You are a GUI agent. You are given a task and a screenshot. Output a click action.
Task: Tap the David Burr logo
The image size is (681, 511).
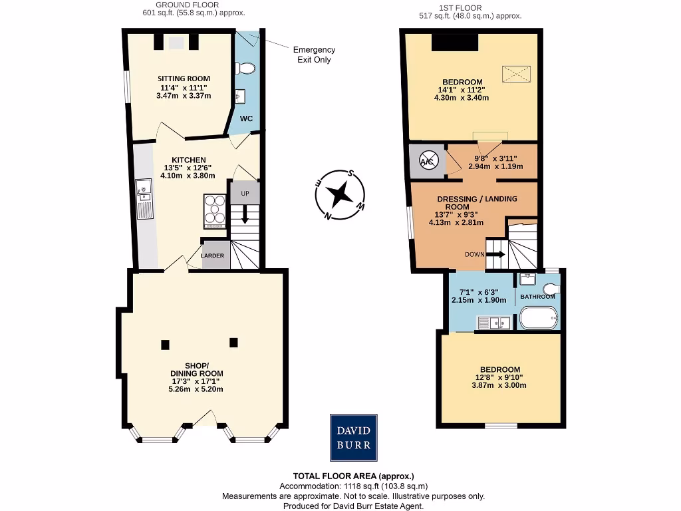[354, 437]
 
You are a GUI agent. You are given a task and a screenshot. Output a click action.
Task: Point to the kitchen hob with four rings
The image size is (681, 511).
[215, 210]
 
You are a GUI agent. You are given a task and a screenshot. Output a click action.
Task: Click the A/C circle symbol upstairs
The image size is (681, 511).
[426, 160]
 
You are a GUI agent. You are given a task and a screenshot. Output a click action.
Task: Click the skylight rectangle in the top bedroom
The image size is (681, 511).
[517, 73]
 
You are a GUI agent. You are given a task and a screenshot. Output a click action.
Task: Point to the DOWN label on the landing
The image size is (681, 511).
[474, 254]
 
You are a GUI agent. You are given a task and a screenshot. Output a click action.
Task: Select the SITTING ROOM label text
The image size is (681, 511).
[184, 79]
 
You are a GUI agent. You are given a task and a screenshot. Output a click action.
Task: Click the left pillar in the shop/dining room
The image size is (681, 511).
[165, 345]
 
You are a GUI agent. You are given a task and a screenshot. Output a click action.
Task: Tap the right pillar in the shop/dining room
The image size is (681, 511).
[233, 343]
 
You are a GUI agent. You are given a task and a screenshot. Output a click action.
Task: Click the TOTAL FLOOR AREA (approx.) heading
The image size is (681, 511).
[353, 476]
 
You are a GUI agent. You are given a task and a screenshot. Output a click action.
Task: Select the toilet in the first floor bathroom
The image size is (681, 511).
[549, 289]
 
